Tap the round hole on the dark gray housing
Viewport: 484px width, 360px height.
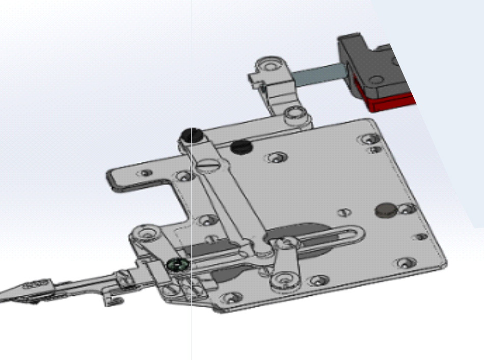(376, 80)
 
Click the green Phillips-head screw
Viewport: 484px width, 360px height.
(176, 264)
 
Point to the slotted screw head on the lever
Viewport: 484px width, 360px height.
(209, 164)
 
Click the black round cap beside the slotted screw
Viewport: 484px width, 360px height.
(241, 147)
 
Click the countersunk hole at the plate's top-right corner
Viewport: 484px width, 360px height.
(368, 139)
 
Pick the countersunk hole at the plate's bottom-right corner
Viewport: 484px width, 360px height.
(404, 263)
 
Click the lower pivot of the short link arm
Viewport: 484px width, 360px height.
(282, 280)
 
